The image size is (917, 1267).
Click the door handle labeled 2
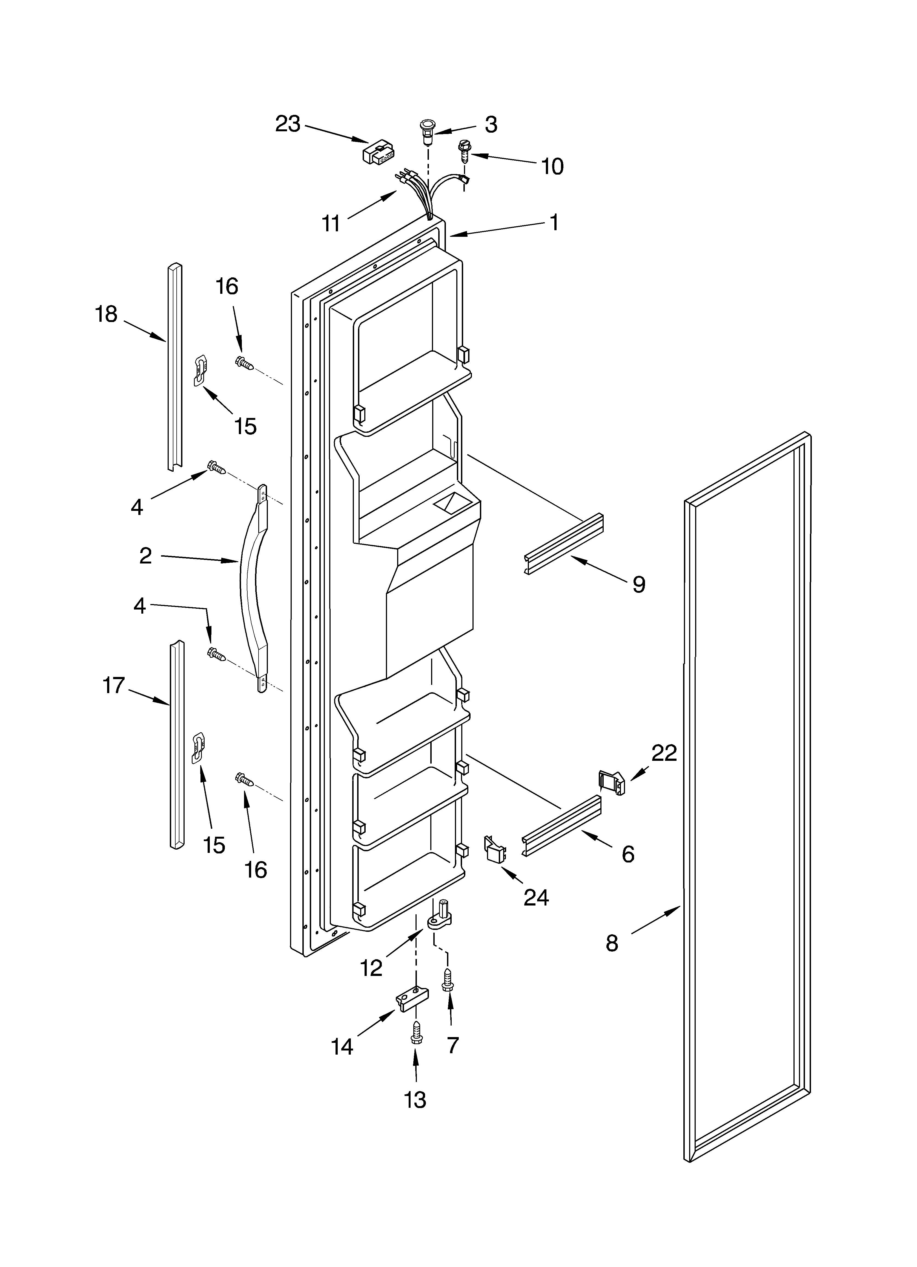coord(250,586)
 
